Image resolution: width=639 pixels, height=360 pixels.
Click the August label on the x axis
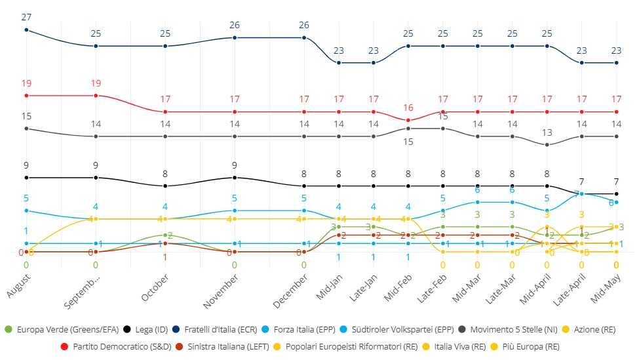pos(19,286)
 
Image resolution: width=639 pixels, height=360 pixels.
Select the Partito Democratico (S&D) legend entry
pos(107,346)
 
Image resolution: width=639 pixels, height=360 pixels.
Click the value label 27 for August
pos(26,17)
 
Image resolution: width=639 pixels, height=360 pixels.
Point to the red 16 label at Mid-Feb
pos(408,108)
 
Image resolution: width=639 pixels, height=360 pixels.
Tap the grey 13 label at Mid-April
pos(547,132)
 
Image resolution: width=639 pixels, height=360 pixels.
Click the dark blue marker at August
pos(26,30)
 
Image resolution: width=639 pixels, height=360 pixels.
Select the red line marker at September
pos(96,96)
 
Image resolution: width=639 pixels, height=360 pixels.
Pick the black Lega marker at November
pos(235,178)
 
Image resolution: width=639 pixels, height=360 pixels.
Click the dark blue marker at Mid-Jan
pos(339,63)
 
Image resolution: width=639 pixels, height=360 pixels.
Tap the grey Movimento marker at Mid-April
pos(547,145)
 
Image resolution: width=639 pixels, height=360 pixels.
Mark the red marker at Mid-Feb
pos(408,120)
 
